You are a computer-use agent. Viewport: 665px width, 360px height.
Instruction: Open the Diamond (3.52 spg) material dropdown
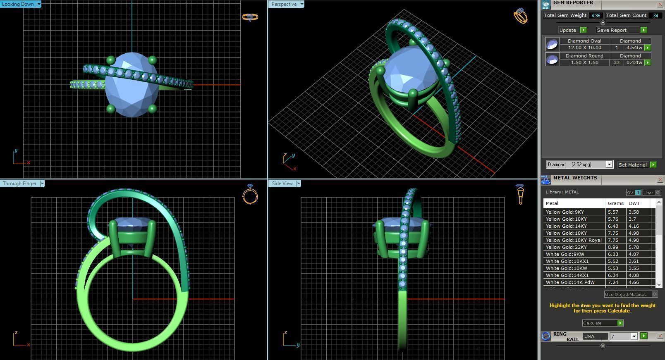609,165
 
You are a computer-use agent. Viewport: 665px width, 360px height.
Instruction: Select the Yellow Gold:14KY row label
566,226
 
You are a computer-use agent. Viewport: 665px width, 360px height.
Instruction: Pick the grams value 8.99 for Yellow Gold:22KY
613,247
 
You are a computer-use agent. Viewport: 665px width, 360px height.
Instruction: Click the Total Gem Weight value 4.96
596,15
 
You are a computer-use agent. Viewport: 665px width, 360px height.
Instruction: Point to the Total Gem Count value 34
655,15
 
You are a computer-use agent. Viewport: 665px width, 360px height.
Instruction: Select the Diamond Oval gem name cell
584,41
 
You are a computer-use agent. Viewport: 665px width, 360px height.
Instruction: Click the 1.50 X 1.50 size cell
584,62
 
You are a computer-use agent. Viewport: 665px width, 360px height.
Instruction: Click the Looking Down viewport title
18,4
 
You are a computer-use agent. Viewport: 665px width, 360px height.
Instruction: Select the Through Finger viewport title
19,184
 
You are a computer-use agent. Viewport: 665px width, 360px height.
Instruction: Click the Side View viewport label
282,184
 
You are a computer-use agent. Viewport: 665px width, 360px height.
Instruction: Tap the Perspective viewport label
284,4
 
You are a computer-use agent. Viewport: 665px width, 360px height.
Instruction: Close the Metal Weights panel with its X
660,179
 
